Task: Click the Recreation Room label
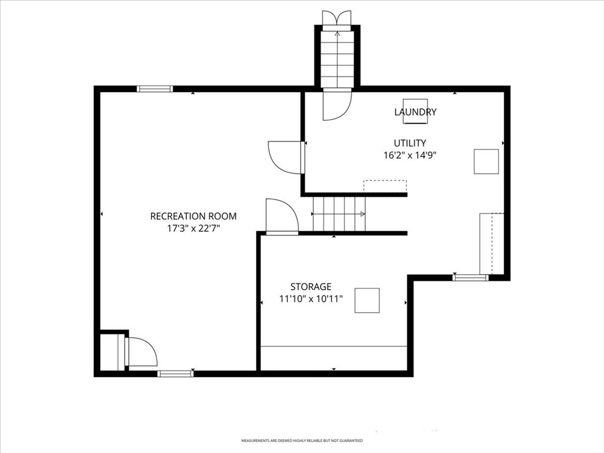193,216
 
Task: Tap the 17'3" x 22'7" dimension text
193,228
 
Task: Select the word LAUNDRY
415,112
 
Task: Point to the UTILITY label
410,143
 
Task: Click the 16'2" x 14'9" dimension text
410,155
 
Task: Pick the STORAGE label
311,287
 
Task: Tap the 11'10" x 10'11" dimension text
311,298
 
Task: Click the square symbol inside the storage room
367,300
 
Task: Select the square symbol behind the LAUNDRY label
415,111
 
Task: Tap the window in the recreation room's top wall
155,89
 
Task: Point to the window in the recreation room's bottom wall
176,373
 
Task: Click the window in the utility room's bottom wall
470,277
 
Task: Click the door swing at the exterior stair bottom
337,104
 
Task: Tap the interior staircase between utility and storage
339,214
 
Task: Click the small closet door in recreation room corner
141,352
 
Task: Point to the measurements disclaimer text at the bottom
302,440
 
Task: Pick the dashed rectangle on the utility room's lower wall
385,186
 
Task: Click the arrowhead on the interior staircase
363,214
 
